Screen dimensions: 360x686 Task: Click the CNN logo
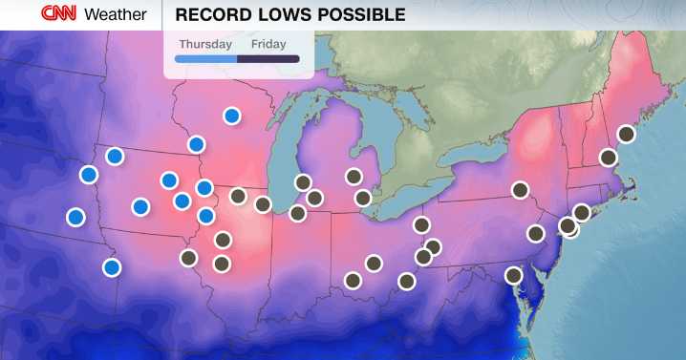pyautogui.click(x=59, y=14)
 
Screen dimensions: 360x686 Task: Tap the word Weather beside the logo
pyautogui.click(x=116, y=14)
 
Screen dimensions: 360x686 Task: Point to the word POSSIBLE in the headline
pyautogui.click(x=360, y=14)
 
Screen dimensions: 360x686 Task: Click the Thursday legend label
pyautogui.click(x=204, y=43)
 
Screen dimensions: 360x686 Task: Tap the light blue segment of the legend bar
pyautogui.click(x=206, y=59)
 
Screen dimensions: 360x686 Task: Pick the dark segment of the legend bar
pyautogui.click(x=268, y=59)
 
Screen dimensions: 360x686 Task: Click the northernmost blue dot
pyautogui.click(x=231, y=116)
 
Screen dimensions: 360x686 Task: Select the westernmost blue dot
pyautogui.click(x=75, y=217)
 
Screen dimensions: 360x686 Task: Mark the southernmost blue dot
pyautogui.click(x=112, y=267)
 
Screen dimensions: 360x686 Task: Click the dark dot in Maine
pyautogui.click(x=626, y=134)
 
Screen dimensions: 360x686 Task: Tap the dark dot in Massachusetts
pyautogui.click(x=608, y=158)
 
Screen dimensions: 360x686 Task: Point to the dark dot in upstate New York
pyautogui.click(x=521, y=190)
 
